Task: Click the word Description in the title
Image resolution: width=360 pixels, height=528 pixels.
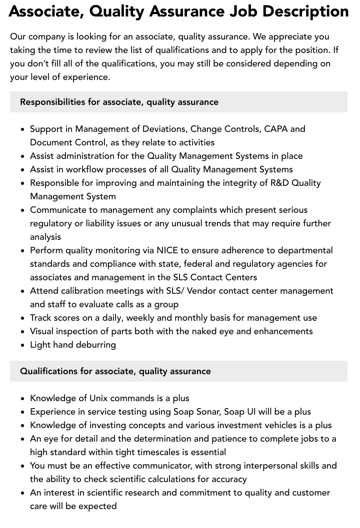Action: (302, 11)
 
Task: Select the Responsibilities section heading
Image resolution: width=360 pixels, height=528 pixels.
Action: (119, 102)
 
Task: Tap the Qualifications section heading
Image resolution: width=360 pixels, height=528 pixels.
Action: (115, 371)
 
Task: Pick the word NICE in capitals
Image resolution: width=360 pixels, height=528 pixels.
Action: (167, 250)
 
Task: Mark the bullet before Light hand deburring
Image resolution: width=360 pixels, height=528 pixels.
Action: (23, 345)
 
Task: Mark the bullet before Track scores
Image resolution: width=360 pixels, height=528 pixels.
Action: (23, 318)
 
